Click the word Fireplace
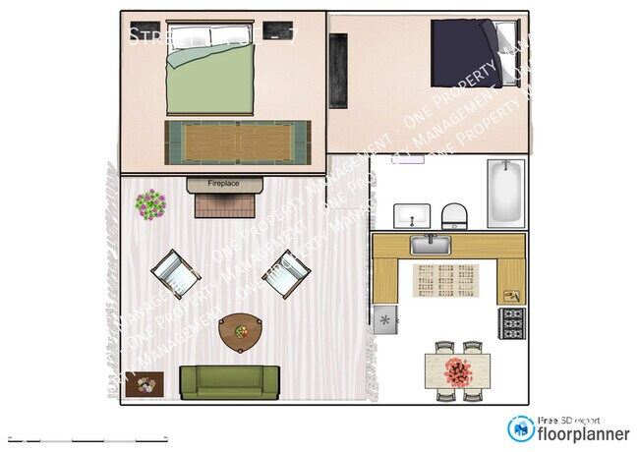(x=225, y=184)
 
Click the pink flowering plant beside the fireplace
(x=150, y=204)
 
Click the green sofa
(x=229, y=381)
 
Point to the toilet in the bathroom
(x=454, y=215)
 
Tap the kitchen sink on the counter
(x=431, y=244)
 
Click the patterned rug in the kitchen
(x=444, y=281)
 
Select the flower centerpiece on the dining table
(x=457, y=370)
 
